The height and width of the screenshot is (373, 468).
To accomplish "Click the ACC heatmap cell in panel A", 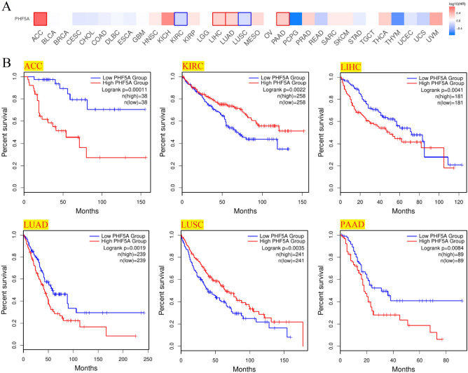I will (41, 19).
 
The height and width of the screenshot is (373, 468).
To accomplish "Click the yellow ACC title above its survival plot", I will (32, 65).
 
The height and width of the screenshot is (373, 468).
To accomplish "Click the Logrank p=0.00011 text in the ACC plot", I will (123, 90).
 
